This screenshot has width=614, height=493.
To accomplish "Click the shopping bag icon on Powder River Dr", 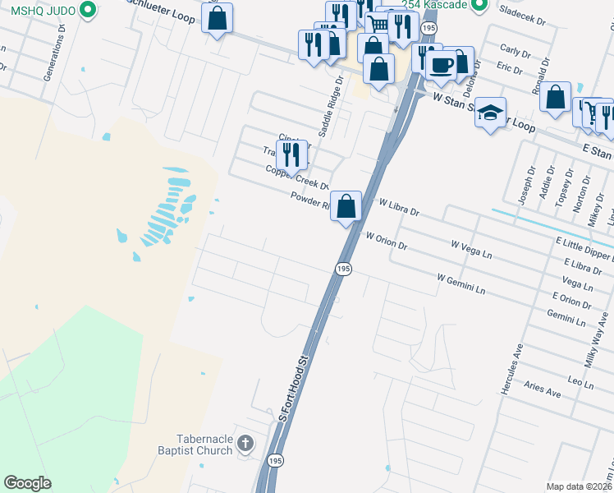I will click(x=346, y=205).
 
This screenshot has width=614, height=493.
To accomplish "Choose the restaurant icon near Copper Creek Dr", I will click(x=291, y=153).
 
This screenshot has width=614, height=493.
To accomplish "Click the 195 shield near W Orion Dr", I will click(x=343, y=270).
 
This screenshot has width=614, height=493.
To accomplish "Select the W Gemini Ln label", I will click(x=461, y=284).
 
